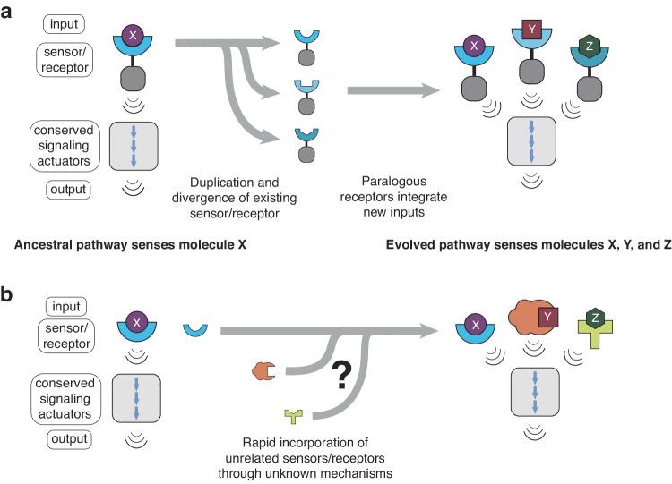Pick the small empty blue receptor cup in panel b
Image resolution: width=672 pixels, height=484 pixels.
196,331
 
